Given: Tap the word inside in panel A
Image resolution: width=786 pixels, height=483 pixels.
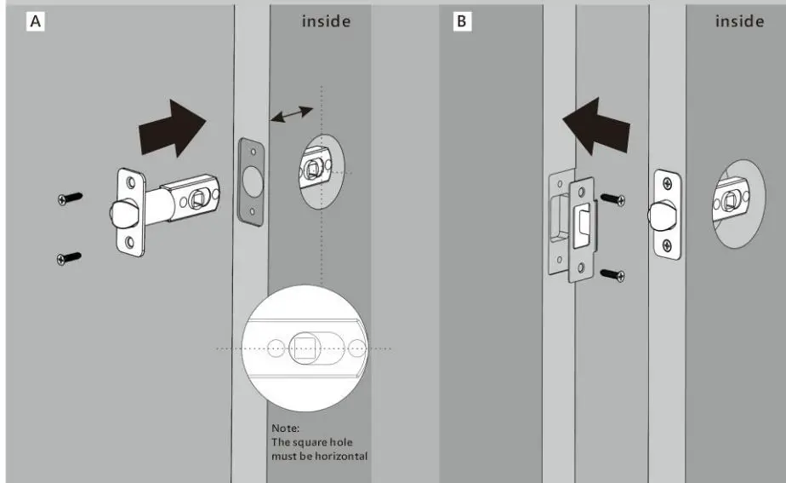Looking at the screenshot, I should [326, 21].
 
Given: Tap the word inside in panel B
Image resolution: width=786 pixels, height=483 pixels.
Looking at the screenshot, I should [739, 21].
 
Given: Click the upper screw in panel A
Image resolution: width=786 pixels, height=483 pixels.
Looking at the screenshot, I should [70, 198].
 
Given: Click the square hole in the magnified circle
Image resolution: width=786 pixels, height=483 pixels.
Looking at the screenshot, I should [304, 348].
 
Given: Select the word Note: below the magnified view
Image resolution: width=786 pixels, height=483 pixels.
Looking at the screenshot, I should [285, 428].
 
